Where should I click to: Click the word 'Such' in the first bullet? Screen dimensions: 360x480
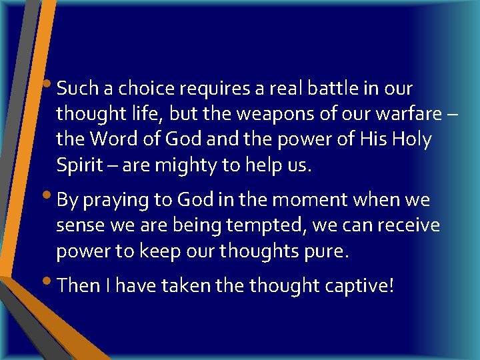point(76,88)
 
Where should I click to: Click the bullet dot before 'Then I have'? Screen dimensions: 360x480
point(52,283)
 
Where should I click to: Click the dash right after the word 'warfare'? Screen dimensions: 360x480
point(452,115)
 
